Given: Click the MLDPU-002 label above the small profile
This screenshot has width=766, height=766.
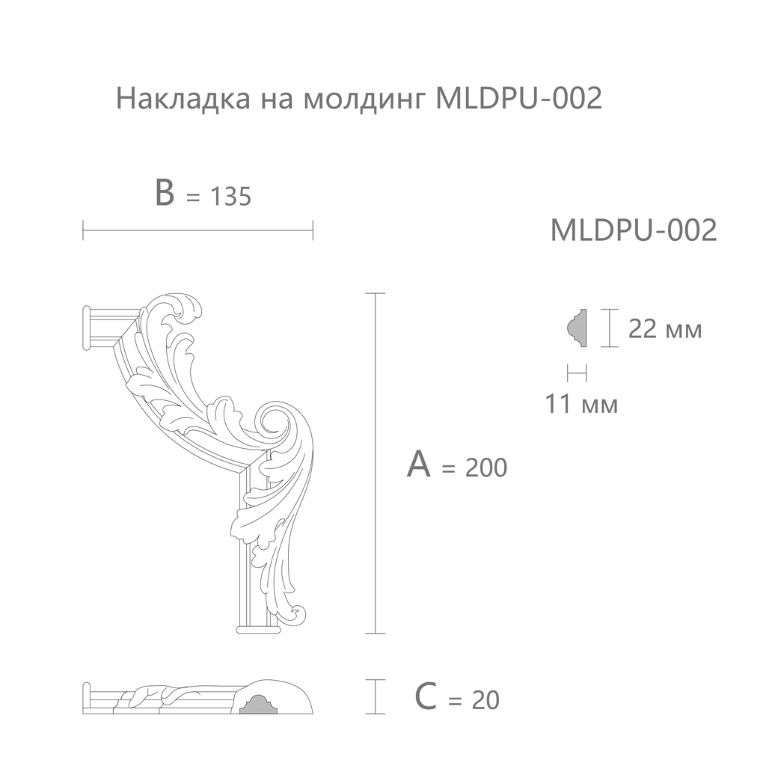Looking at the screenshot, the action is point(634,230).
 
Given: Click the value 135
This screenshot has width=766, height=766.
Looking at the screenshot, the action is point(230,197).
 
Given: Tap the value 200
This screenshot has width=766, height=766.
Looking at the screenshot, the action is point(486,468).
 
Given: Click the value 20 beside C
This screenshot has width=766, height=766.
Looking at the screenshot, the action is point(485,700).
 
